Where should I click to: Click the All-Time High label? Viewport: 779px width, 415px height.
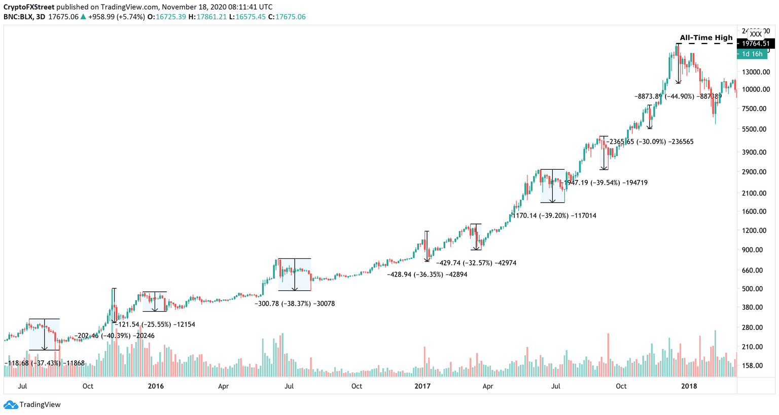click(x=706, y=37)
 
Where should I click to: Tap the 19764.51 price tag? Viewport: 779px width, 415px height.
click(x=756, y=44)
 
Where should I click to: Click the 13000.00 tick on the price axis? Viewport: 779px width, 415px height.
click(x=756, y=72)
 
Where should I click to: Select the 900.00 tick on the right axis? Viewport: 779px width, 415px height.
click(x=753, y=250)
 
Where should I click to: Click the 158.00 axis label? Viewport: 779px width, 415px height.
click(x=753, y=366)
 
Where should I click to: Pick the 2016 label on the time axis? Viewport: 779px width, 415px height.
click(x=156, y=386)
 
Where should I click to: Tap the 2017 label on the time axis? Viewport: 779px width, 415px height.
click(x=422, y=386)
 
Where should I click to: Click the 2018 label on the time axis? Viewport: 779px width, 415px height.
click(x=689, y=386)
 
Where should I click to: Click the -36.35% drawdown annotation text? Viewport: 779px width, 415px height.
click(x=427, y=275)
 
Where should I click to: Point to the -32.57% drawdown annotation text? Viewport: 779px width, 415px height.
click(x=476, y=263)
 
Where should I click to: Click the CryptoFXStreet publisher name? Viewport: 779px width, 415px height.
click(x=29, y=7)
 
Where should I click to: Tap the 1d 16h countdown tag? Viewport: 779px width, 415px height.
click(x=752, y=54)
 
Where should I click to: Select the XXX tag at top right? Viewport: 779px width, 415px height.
click(x=756, y=34)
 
